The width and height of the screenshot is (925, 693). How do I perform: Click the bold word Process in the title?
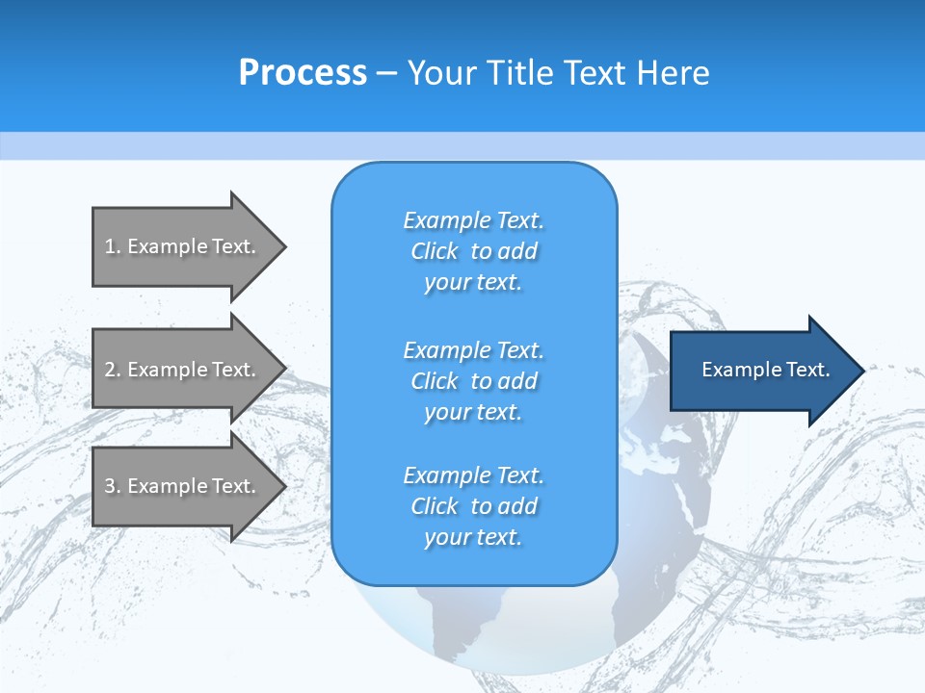pyautogui.click(x=303, y=73)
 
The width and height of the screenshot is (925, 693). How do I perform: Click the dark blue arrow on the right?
pyautogui.click(x=761, y=371)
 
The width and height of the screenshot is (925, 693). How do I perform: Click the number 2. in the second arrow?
pyautogui.click(x=113, y=370)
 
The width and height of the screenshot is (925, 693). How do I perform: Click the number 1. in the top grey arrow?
pyautogui.click(x=113, y=246)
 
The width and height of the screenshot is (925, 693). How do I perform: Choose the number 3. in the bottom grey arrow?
pyautogui.click(x=113, y=486)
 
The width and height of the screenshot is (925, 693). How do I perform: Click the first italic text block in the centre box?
pyautogui.click(x=473, y=251)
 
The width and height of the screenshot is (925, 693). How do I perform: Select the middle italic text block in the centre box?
pyautogui.click(x=473, y=381)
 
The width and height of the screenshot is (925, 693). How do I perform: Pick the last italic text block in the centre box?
pyautogui.click(x=473, y=506)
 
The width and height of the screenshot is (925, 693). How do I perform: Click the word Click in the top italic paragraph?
pyautogui.click(x=435, y=251)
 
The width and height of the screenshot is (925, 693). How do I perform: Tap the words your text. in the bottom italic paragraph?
pyautogui.click(x=473, y=537)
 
